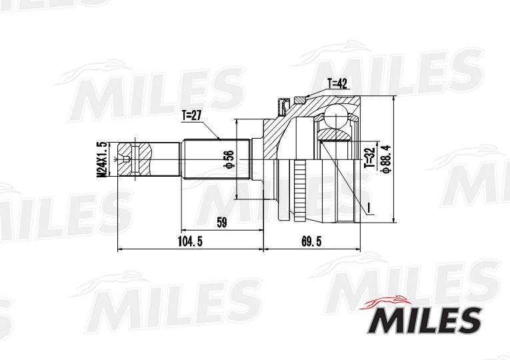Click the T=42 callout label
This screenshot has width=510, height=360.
[337, 84]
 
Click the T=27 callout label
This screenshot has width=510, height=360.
[192, 115]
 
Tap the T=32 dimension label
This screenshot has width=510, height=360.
[370, 157]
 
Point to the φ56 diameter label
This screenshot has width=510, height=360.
[229, 160]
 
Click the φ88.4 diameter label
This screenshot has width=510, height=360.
[387, 159]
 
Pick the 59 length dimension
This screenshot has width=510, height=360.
[221, 223]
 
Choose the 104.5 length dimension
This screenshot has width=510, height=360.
[190, 241]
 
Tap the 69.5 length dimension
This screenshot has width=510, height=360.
[311, 241]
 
